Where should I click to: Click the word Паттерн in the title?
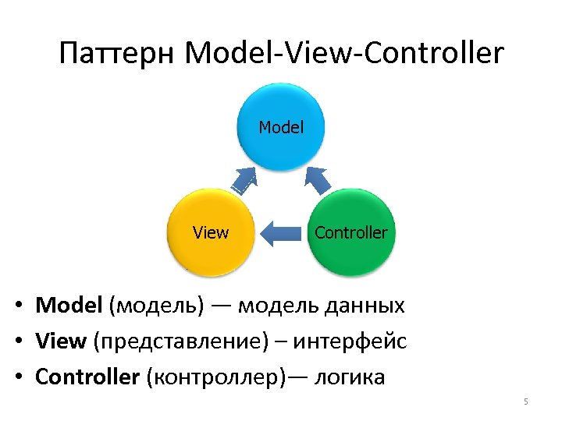(x=118, y=54)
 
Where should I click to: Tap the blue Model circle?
(x=281, y=127)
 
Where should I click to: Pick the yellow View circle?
(x=211, y=232)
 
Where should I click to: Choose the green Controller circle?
(x=350, y=232)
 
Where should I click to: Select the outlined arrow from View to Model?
(x=245, y=181)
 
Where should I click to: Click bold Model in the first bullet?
(x=69, y=305)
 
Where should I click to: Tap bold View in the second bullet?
(x=62, y=341)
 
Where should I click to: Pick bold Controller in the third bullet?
(x=87, y=377)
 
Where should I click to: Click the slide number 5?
(x=526, y=402)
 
